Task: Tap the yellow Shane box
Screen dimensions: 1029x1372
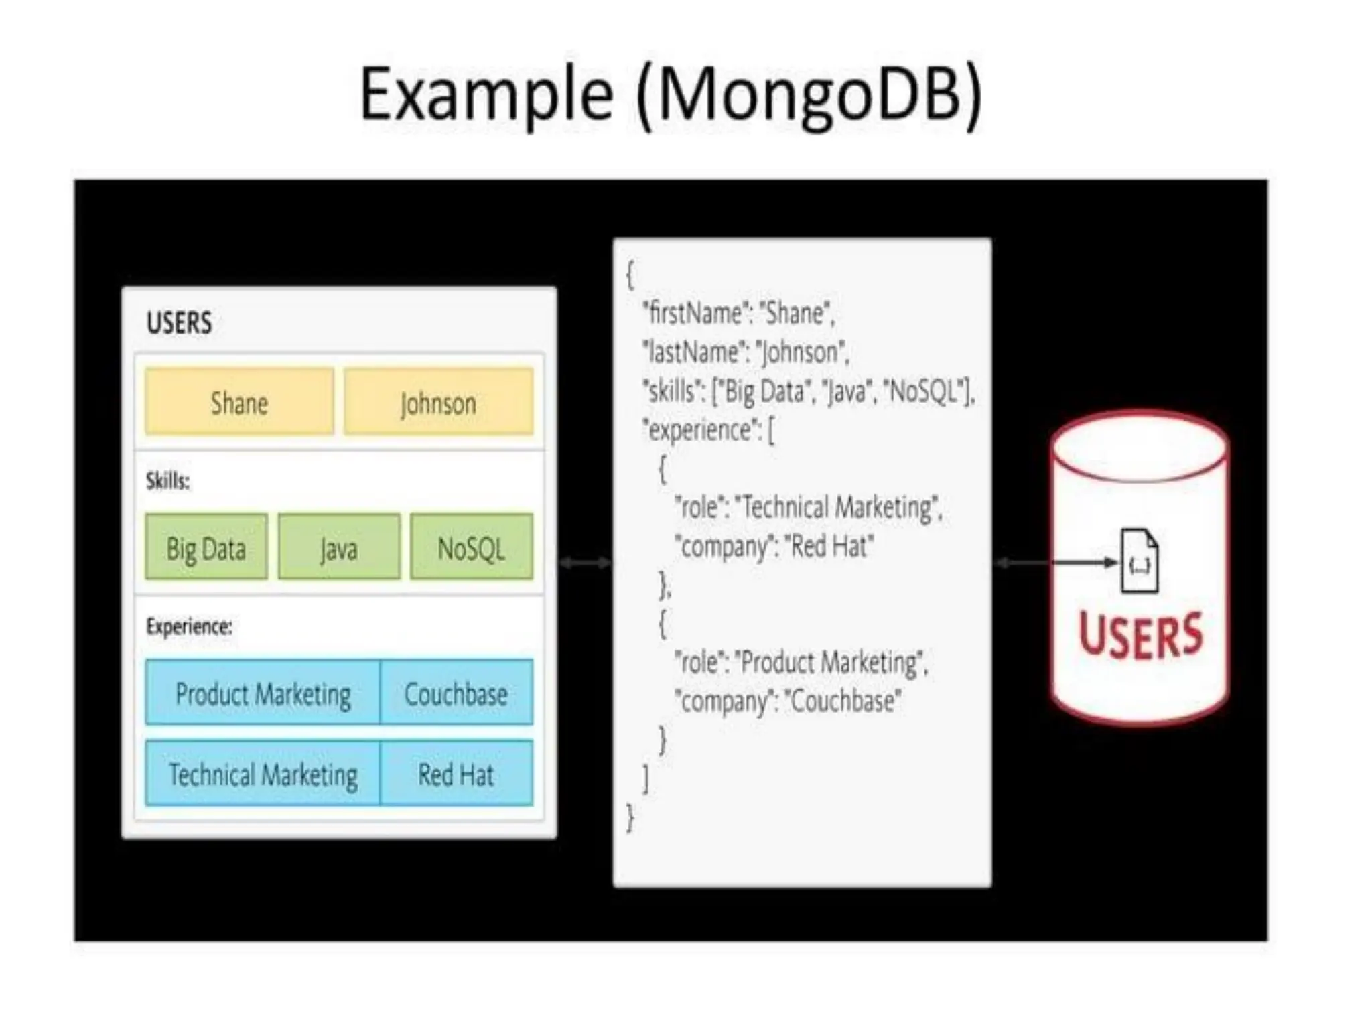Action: coord(239,402)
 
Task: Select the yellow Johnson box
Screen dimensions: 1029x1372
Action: coord(438,402)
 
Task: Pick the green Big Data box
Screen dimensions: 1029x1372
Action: coord(206,548)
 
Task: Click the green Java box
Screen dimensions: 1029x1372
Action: coord(339,548)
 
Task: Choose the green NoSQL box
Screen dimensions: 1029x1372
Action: coord(471,548)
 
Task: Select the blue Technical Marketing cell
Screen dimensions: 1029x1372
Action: coord(263,774)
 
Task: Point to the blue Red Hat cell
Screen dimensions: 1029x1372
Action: coord(456,774)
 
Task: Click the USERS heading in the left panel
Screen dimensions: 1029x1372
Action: coord(180,323)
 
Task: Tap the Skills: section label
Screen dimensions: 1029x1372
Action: coord(167,480)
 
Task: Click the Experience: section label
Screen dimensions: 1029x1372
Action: coord(189,626)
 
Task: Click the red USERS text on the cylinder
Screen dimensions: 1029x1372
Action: coord(1140,635)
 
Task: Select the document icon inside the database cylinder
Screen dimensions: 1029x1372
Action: coord(1140,561)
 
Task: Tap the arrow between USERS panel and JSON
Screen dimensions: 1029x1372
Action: coord(585,563)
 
